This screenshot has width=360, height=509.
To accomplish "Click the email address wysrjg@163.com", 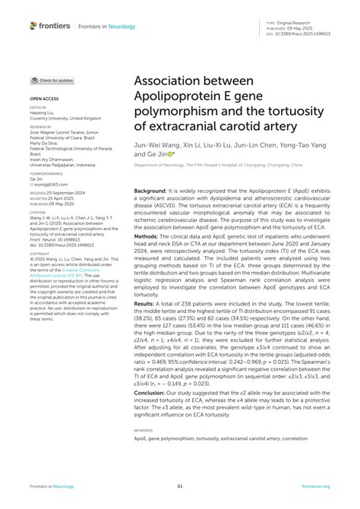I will click(x=49, y=184).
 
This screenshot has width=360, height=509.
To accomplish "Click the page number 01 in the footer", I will click(x=180, y=486).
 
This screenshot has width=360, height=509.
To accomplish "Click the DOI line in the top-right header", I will click(x=301, y=33).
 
